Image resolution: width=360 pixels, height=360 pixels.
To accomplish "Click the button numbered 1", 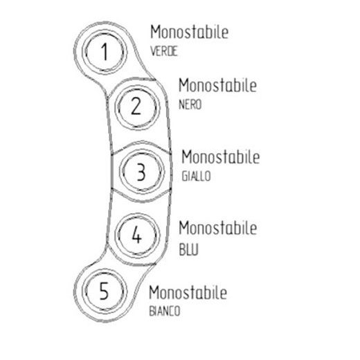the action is tap(105, 52).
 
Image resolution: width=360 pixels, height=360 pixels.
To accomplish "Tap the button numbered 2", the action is tap(137, 107).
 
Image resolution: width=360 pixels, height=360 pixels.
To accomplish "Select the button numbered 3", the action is tap(143, 171).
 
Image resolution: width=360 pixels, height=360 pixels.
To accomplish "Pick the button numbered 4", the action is tap(137, 235).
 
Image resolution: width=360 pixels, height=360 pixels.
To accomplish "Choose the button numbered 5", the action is tap(105, 291).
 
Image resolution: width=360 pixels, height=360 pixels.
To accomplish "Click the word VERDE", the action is tap(164, 51).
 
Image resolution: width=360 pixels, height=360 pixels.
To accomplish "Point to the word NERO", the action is tap(190, 105).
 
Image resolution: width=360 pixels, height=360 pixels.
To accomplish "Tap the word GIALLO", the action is tap(196, 176).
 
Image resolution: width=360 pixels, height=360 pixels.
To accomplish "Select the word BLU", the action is tap(188, 249).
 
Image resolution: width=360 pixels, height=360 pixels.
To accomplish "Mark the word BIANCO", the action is tap(165, 311).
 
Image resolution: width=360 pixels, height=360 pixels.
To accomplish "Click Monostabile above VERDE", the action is tap(190, 32).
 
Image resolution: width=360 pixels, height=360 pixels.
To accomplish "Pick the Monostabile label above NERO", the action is tap(218, 85).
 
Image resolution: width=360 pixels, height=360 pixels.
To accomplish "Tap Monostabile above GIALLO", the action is tap(221, 156).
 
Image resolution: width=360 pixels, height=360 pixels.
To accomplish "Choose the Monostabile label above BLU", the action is tap(218, 228).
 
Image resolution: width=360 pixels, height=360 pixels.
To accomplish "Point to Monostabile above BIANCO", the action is tap(188, 292).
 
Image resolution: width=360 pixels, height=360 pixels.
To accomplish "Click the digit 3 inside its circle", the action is tap(141, 172).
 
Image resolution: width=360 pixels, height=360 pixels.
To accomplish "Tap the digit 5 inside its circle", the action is tap(104, 291).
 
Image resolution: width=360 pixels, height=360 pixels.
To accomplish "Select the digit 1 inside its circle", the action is tap(105, 52).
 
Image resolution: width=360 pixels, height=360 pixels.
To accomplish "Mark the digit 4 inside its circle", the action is tap(136, 235).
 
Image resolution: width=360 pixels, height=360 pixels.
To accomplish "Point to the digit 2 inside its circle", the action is tap(136, 106).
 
